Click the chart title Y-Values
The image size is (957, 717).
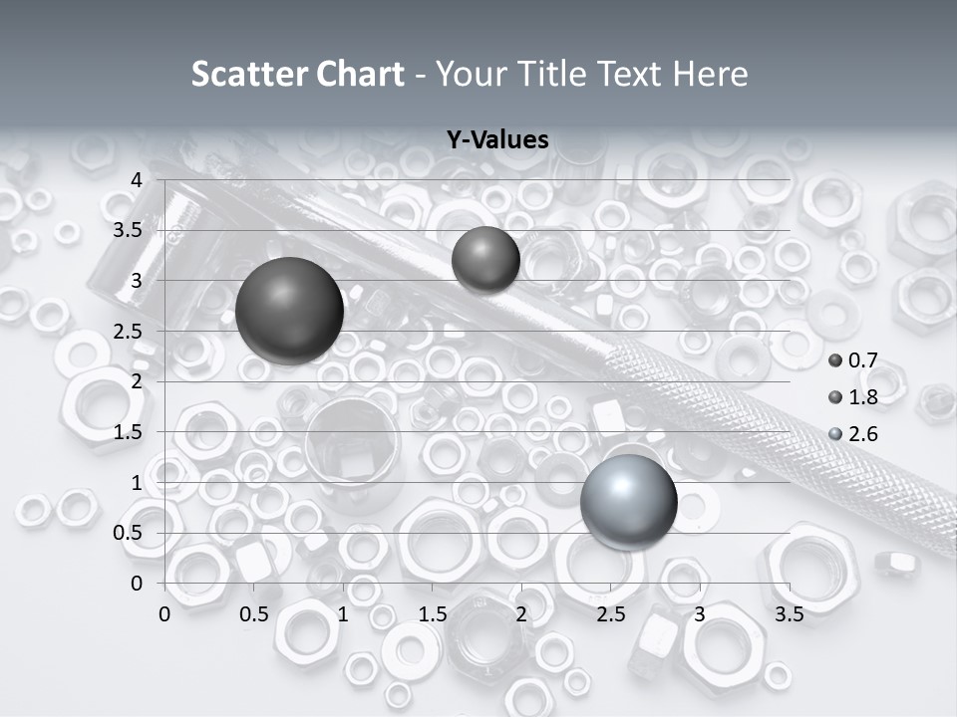pos(497,140)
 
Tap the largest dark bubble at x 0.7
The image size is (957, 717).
pos(290,311)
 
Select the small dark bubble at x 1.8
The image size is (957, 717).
pos(485,260)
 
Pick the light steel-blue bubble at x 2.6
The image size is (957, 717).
pos(628,502)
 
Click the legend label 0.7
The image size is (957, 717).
pos(862,361)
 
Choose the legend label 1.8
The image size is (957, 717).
pos(862,398)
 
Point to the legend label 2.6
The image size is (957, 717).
pos(862,434)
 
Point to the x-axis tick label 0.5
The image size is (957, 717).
pos(254,614)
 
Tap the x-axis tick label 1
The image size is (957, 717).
pos(343,614)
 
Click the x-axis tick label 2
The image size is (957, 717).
pos(521,614)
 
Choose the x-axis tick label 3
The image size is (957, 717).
pos(700,614)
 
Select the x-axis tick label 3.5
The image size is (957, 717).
pos(789,614)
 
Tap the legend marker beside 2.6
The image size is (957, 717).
pos(835,434)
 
